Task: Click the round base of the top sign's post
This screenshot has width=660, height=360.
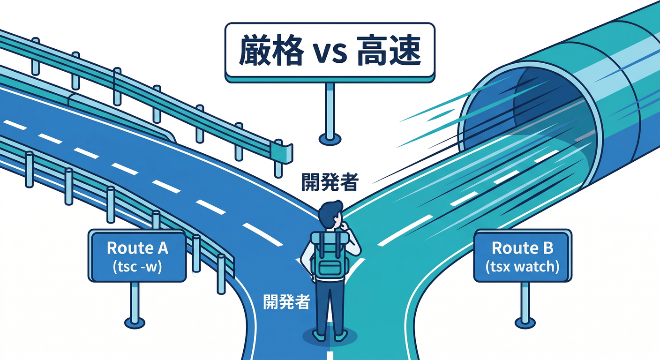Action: (x=330, y=138)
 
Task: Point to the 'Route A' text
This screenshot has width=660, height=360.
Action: (x=137, y=248)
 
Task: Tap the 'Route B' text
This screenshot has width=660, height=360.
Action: (x=522, y=248)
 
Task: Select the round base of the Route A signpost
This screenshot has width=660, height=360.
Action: (x=135, y=322)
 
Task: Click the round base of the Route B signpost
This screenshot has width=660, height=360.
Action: (x=525, y=322)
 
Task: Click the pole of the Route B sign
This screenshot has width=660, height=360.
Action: (x=525, y=300)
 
